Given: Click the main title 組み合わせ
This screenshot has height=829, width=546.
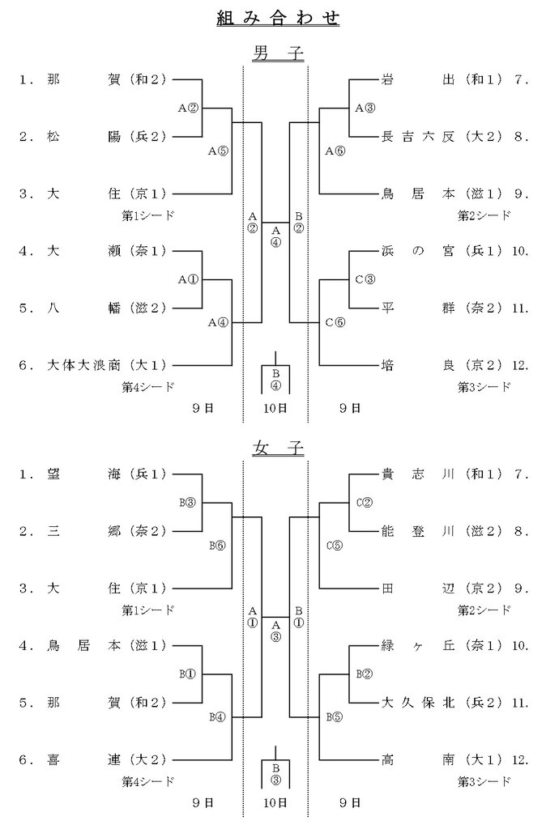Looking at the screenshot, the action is [x=277, y=18].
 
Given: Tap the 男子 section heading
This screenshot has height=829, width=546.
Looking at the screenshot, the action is [x=277, y=54].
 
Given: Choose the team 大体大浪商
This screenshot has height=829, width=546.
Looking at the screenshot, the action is [x=85, y=365].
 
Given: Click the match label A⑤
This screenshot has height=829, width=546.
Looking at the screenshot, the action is [x=219, y=151].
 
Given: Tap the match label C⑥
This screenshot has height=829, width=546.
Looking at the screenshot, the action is [x=335, y=322].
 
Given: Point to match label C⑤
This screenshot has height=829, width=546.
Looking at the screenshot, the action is [x=334, y=545].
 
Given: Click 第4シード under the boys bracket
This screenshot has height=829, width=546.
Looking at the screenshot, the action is [x=148, y=387].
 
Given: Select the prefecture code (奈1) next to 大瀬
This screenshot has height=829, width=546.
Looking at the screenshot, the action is [x=148, y=251].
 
